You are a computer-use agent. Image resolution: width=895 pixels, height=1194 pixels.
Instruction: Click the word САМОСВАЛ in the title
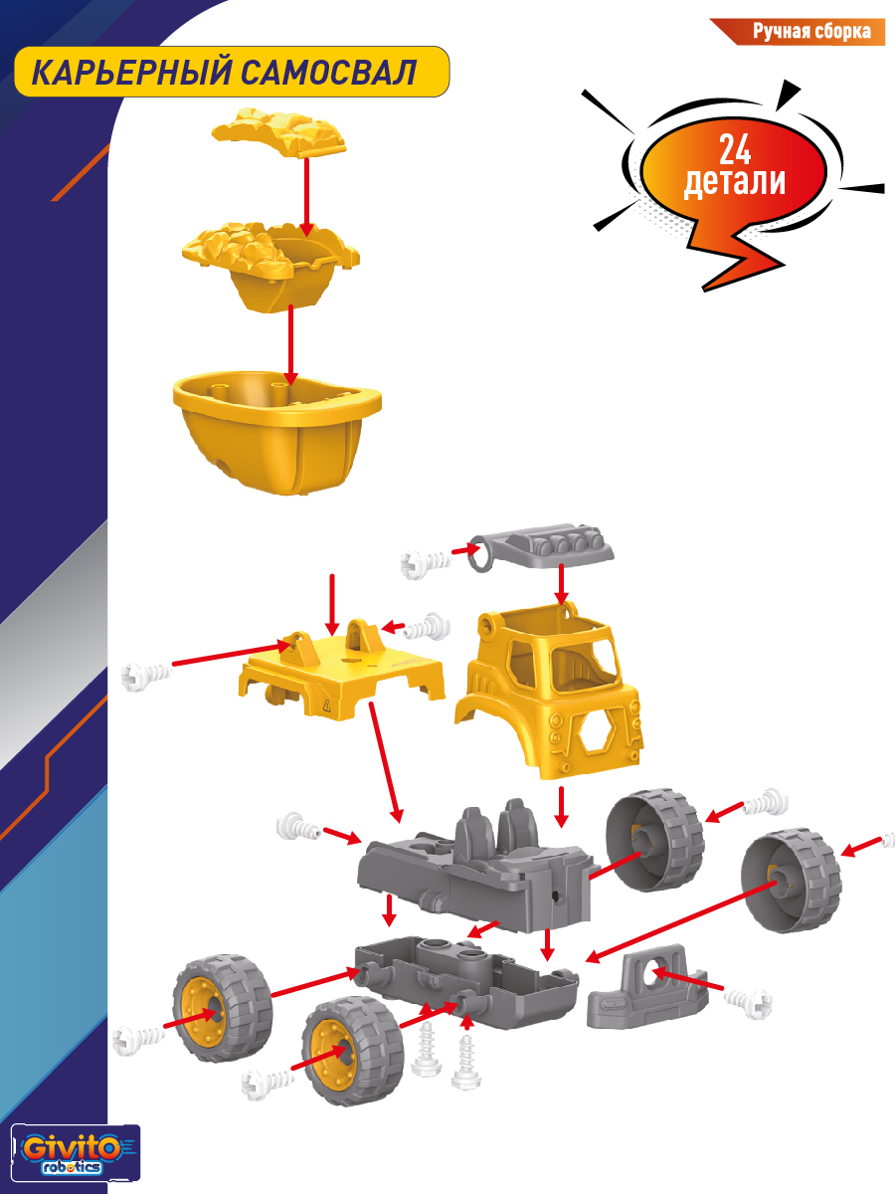click(329, 73)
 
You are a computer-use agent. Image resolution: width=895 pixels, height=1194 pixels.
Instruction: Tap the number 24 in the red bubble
click(735, 149)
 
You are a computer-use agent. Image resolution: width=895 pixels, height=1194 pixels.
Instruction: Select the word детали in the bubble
click(735, 181)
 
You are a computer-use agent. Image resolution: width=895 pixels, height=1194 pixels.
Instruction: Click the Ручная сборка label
click(811, 31)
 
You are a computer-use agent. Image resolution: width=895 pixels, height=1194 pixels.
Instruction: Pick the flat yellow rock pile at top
click(279, 132)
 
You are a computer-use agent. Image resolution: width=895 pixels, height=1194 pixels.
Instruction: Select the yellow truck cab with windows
click(549, 691)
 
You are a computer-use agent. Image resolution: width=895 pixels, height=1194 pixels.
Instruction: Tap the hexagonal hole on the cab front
click(596, 732)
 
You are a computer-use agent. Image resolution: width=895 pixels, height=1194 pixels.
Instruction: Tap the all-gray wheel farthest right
click(792, 881)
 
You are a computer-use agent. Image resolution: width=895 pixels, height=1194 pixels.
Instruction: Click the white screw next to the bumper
click(748, 1002)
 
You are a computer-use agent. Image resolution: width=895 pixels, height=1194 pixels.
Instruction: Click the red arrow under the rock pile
click(306, 197)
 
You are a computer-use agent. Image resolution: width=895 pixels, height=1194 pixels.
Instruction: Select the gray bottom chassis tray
click(466, 979)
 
